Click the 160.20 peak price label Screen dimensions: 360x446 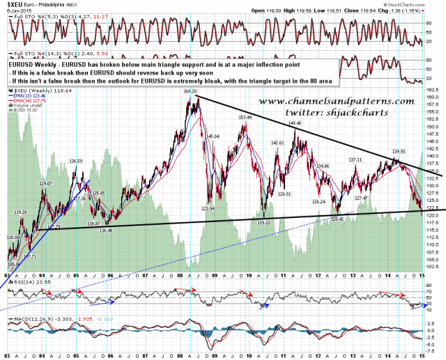click(191, 91)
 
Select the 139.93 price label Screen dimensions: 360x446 click(399, 152)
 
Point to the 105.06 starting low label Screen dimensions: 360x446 click(15, 265)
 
